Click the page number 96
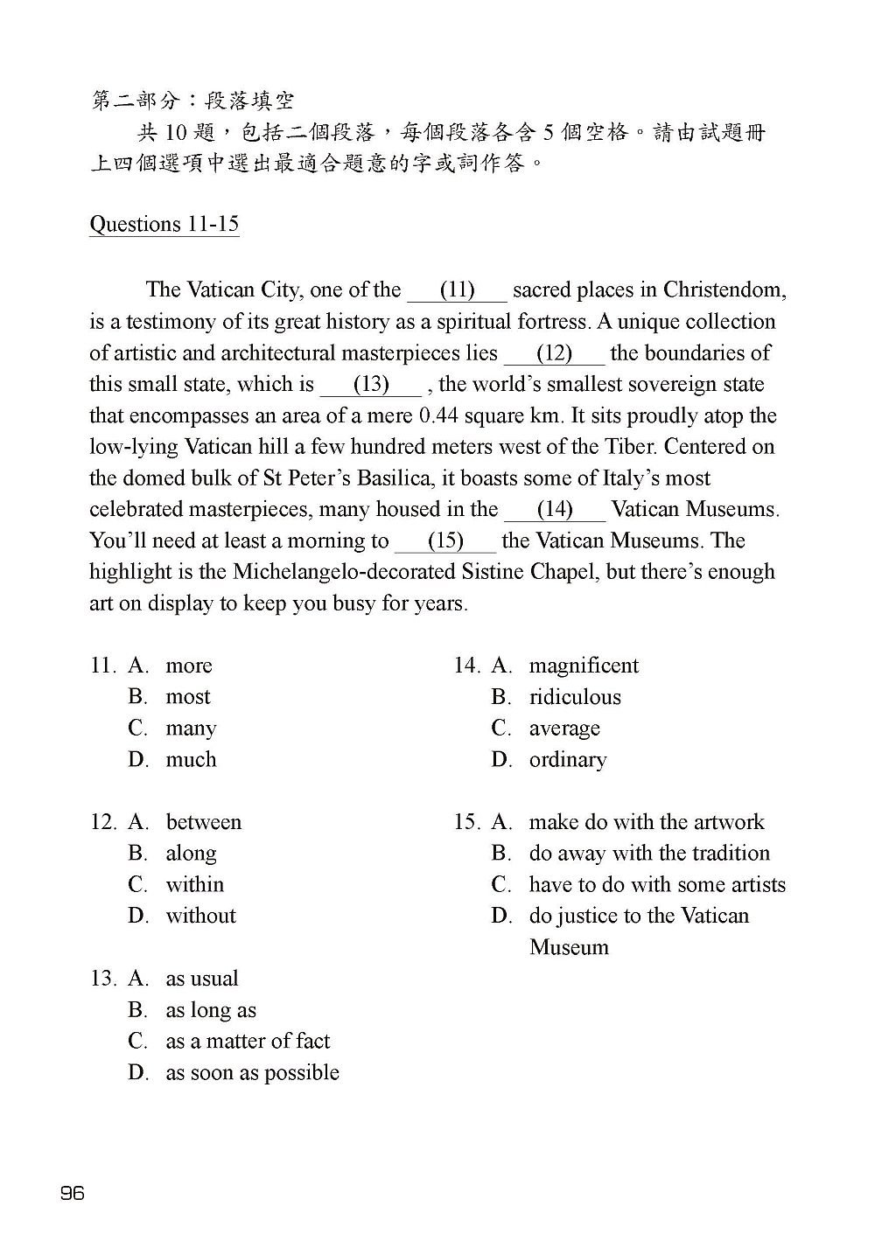point(73,1193)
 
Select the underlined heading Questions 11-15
point(164,225)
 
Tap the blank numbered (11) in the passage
point(457,290)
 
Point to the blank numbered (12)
point(554,353)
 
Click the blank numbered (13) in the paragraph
point(371,385)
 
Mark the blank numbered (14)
point(555,510)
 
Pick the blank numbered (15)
point(445,541)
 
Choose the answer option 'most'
point(188,697)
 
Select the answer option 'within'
point(194,885)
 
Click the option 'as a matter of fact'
point(248,1042)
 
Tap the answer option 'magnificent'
point(584,666)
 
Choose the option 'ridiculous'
point(575,698)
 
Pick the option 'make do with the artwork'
point(647,823)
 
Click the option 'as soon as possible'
point(252,1073)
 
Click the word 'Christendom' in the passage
point(724,290)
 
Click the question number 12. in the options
point(103,823)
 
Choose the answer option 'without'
point(200,917)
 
